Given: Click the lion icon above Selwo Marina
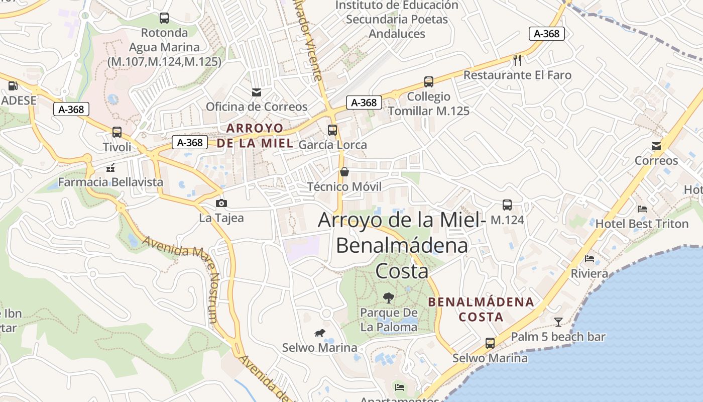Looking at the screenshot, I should (x=319, y=333).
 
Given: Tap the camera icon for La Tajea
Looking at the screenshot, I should (x=221, y=203).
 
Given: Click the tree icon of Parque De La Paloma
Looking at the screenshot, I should (x=388, y=298).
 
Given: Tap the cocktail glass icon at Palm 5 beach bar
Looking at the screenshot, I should (x=558, y=322).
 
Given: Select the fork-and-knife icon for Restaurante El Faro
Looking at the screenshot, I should (x=517, y=60).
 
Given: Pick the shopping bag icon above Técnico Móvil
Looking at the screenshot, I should (x=344, y=172).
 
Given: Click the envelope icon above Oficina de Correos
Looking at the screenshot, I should (x=257, y=92).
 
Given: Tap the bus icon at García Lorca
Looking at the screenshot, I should (x=332, y=130).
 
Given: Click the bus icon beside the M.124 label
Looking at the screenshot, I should (x=507, y=205).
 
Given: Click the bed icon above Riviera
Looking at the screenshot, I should (x=590, y=259).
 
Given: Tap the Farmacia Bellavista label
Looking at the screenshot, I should (x=110, y=182).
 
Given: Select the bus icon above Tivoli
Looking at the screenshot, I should (x=117, y=132).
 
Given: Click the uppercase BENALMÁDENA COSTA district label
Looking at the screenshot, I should (x=481, y=309).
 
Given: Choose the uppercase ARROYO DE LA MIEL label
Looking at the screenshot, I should (x=255, y=135).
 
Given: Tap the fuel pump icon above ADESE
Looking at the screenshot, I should (x=13, y=86).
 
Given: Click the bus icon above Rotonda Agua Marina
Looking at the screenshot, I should (x=164, y=18).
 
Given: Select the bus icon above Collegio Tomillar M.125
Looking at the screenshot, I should (x=428, y=81).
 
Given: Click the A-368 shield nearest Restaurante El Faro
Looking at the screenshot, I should (x=547, y=34).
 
